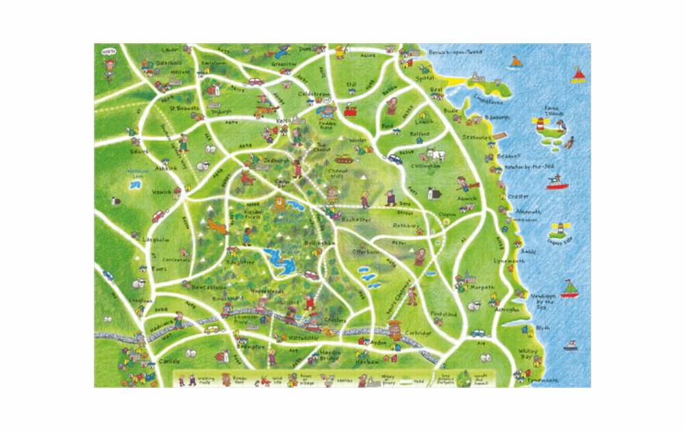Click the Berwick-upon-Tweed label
click(455, 52)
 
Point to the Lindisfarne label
click(488, 99)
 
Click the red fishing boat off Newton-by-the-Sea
click(556, 183)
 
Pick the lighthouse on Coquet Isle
click(560, 226)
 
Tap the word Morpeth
click(482, 287)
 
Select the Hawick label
click(162, 192)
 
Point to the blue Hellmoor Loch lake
click(133, 183)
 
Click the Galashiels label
click(168, 62)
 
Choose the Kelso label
click(282, 120)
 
